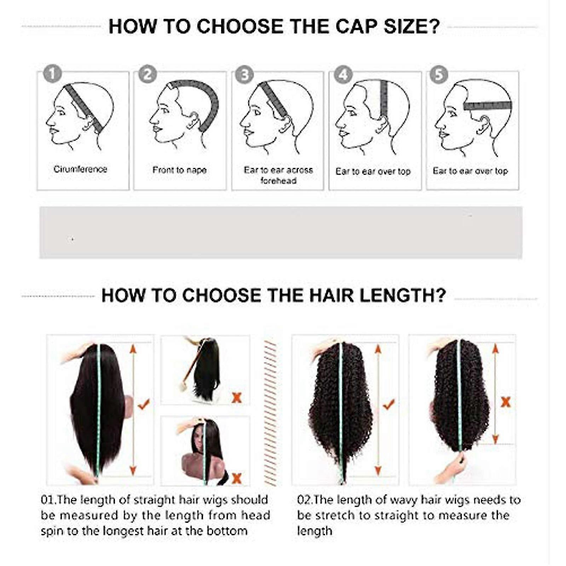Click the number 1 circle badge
coord(52,74)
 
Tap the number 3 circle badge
coord(244,75)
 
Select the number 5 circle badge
coord(439,75)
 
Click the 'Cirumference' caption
coord(80,169)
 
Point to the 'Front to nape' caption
coord(179,170)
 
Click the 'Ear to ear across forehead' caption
coord(278,175)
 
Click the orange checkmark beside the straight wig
coord(144,404)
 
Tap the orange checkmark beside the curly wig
coord(389,404)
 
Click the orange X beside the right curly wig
coord(506,402)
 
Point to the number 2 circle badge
coord(148,74)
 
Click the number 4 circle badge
coord(343,75)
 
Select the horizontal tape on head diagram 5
coord(487,105)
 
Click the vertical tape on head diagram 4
coord(384,98)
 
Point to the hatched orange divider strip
coord(270,413)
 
